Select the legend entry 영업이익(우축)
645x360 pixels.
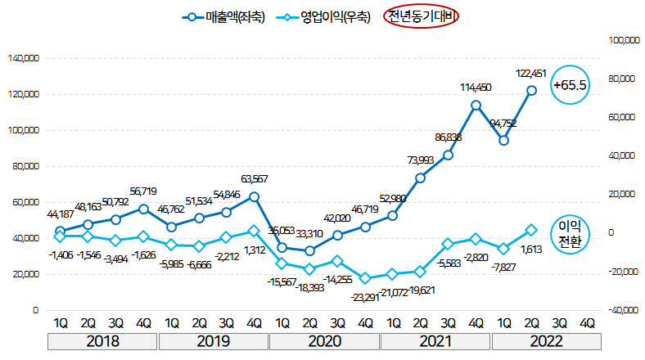324,16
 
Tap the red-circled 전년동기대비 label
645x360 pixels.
422,16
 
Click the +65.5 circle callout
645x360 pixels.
571,84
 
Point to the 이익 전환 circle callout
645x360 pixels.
571,233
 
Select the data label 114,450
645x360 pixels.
476,88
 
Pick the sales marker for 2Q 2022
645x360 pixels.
531,91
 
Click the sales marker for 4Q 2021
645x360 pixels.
476,105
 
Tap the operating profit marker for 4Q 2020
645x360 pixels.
364,279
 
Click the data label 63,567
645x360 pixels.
255,179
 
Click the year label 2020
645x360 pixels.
324,340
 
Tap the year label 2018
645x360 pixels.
102,340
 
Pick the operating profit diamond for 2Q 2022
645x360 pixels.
531,230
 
